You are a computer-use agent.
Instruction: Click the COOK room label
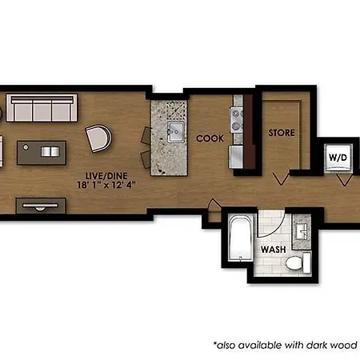(210, 138)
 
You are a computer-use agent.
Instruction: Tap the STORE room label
(282, 133)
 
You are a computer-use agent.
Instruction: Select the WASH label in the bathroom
(274, 250)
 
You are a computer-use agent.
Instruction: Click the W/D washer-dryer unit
(338, 158)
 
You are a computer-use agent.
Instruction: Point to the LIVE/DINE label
(106, 176)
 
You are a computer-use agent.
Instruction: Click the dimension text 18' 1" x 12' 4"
(106, 185)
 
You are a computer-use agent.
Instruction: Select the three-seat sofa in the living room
(42, 108)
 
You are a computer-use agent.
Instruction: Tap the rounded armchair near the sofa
(98, 138)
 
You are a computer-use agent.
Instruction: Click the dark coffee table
(42, 153)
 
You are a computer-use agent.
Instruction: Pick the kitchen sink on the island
(176, 132)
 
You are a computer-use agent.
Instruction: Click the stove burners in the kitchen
(237, 120)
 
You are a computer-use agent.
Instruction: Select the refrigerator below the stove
(236, 157)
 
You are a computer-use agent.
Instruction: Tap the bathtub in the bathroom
(240, 238)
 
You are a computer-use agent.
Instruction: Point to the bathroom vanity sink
(302, 231)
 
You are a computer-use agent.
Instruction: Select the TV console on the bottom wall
(41, 206)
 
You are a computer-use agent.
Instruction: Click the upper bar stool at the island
(146, 135)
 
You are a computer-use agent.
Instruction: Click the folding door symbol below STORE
(282, 178)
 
